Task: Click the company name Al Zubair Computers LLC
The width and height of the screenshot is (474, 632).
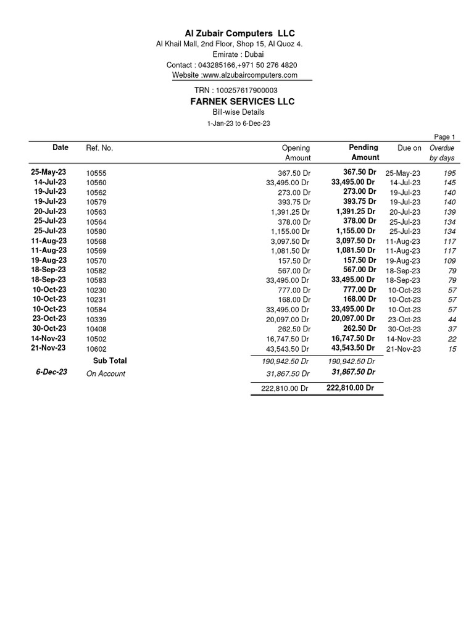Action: click(x=236, y=33)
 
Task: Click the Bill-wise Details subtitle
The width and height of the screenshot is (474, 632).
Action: click(x=238, y=112)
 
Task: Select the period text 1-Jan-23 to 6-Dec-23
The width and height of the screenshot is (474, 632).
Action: click(x=238, y=123)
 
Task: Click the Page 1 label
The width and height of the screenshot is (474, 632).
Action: click(x=444, y=137)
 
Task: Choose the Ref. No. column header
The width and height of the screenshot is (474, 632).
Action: click(x=99, y=148)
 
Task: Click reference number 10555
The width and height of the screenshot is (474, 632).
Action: click(x=96, y=174)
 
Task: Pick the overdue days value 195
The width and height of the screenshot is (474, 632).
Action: click(x=449, y=173)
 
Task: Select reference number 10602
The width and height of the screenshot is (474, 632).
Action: click(x=96, y=349)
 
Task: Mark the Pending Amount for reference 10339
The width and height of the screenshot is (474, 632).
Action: click(x=353, y=318)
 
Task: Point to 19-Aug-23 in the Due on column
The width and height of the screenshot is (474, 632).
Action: click(x=402, y=261)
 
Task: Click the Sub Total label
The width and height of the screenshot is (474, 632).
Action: click(x=110, y=360)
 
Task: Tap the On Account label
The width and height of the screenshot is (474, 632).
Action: click(x=106, y=373)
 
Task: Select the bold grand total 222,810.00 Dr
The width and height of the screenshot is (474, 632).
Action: click(x=350, y=388)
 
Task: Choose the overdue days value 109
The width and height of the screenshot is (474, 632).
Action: click(x=449, y=261)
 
